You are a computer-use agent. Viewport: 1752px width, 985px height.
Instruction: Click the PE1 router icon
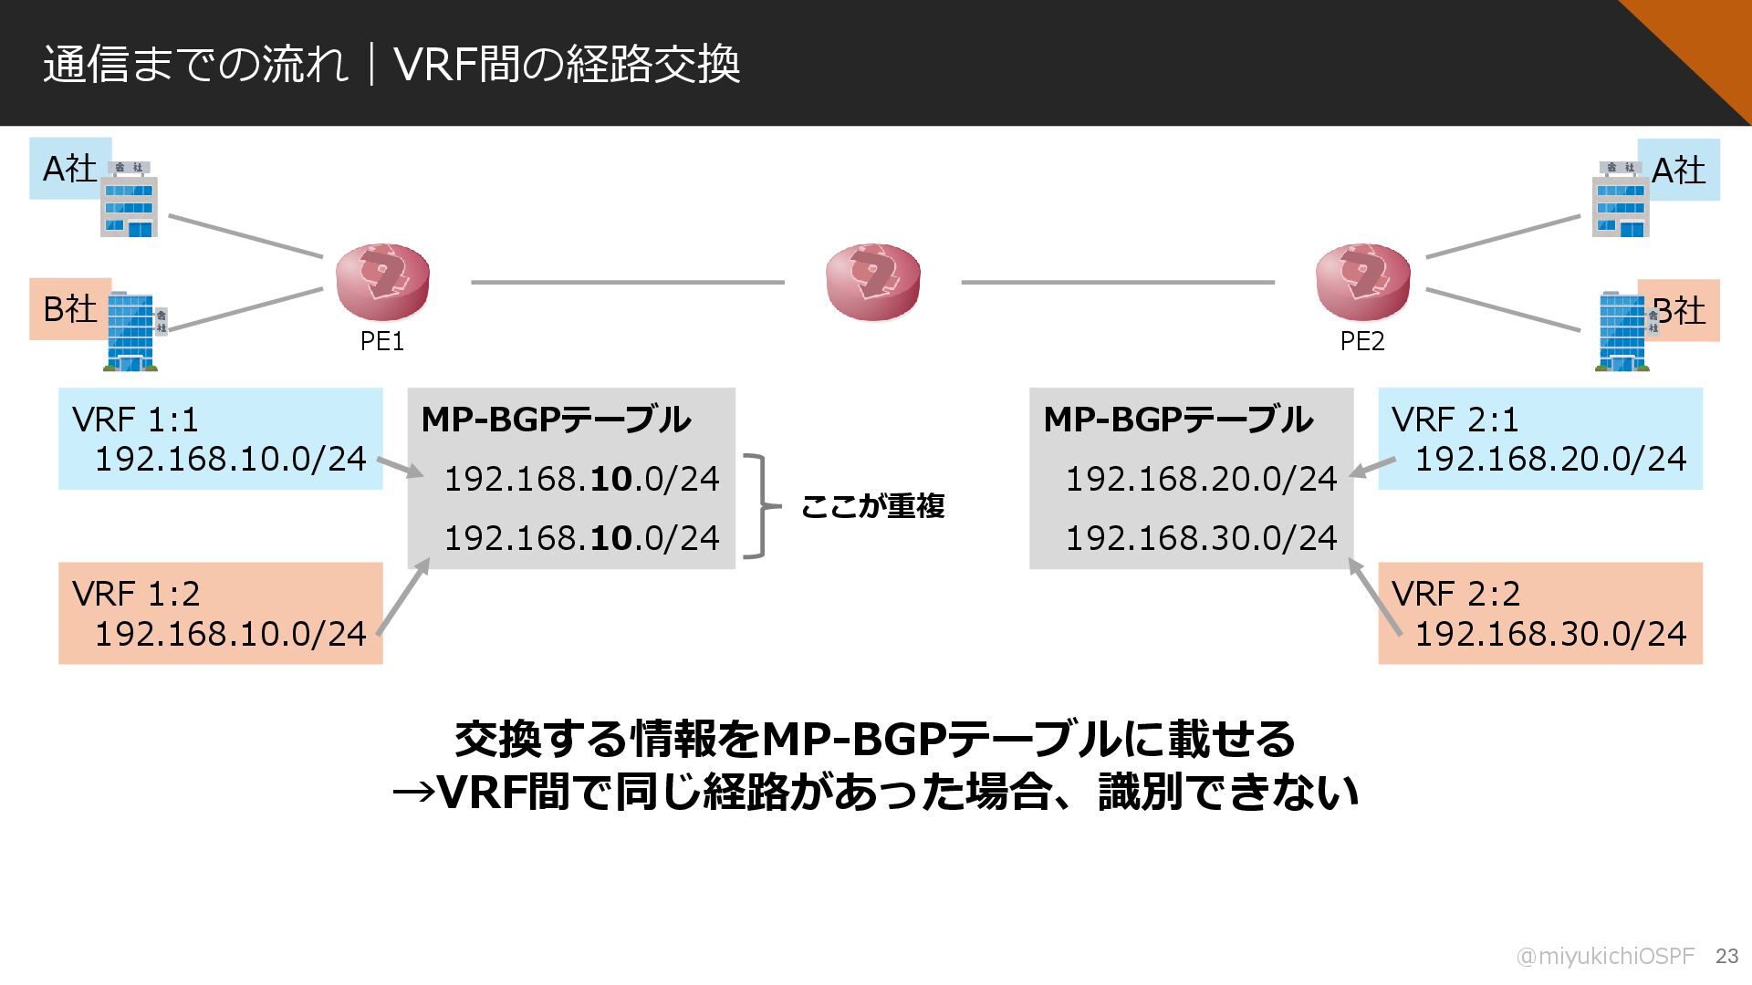click(x=382, y=281)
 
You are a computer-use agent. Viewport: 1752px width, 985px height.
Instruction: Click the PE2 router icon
click(x=1362, y=281)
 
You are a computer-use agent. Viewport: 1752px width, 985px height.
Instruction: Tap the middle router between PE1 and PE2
click(x=872, y=281)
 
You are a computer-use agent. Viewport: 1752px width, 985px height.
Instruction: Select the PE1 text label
click(x=382, y=341)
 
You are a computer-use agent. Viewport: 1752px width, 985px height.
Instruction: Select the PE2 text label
click(x=1362, y=341)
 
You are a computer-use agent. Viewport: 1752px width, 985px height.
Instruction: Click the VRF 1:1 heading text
click(x=135, y=420)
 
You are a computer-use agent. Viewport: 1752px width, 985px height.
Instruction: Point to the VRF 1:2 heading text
click(x=136, y=594)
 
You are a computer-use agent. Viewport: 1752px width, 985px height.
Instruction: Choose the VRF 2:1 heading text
click(x=1455, y=420)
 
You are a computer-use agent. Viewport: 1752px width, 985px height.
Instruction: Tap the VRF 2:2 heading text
click(x=1456, y=594)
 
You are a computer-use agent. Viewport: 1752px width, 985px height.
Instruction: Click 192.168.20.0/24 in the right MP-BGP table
click(x=1201, y=479)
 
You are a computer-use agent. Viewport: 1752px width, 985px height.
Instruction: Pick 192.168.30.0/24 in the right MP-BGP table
click(x=1201, y=538)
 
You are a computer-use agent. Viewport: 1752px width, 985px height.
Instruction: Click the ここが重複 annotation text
click(x=872, y=506)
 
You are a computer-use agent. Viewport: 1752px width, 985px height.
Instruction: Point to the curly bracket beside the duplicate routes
click(x=761, y=505)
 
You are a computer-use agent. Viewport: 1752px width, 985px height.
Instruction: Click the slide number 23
click(x=1726, y=956)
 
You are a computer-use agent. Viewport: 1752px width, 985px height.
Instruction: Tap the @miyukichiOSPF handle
click(x=1605, y=956)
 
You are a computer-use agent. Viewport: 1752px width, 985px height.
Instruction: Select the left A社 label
click(x=69, y=169)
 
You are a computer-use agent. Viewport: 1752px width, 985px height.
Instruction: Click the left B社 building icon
click(x=133, y=330)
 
